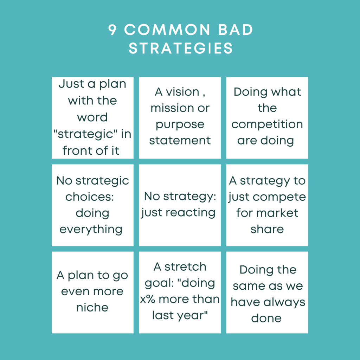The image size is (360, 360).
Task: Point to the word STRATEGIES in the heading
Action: [180, 49]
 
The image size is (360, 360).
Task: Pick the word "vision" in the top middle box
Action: [182, 92]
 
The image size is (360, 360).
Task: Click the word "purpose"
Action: [180, 125]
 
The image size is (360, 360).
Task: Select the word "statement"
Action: [180, 141]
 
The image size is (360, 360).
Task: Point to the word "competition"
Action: [267, 124]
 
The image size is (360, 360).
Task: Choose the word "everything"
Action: [91, 229]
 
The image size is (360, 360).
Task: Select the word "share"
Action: [267, 229]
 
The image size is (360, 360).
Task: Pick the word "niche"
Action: [92, 308]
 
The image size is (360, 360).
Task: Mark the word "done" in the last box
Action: [266, 319]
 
